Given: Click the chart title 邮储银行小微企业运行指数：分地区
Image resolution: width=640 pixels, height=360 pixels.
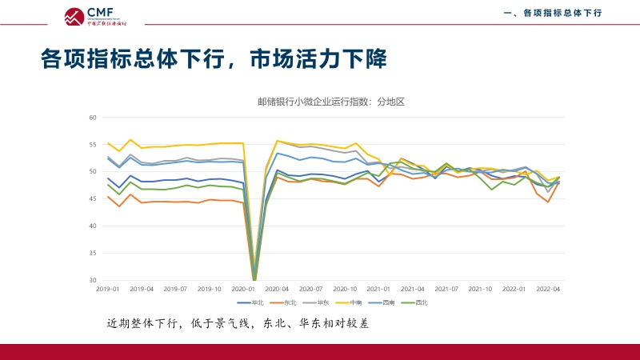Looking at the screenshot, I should click(x=331, y=102).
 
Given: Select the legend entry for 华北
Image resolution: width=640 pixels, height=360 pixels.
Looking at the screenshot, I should click(x=251, y=302).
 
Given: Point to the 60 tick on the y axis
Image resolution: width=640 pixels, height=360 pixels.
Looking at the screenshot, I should click(x=92, y=118).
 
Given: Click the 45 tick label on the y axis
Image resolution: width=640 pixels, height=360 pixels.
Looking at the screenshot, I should click(x=92, y=199).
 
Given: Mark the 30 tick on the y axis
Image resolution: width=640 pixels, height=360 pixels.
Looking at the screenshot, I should click(x=92, y=280).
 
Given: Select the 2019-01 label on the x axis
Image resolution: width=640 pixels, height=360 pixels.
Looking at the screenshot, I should click(x=107, y=288).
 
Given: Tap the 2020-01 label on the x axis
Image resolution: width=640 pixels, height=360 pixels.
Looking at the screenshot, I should click(x=242, y=288).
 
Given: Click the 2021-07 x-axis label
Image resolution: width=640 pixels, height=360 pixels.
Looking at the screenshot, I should click(x=446, y=288).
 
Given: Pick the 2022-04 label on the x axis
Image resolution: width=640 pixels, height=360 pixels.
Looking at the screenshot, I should click(x=547, y=288).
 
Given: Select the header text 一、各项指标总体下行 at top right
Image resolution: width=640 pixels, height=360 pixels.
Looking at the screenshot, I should click(x=552, y=13).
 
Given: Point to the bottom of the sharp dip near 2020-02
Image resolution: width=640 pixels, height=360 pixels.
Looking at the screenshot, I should click(x=254, y=279).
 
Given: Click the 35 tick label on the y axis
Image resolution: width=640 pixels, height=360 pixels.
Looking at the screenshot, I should click(x=92, y=253).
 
